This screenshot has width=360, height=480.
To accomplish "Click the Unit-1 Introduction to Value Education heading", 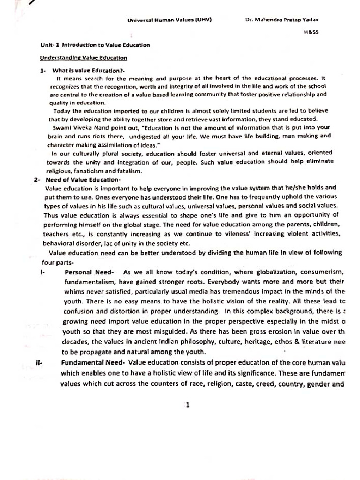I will click(x=96, y=45).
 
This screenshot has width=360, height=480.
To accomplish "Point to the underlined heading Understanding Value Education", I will click(x=83, y=58).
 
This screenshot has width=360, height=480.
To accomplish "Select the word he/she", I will click(x=293, y=187).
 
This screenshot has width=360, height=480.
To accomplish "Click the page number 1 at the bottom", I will click(x=187, y=405).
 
